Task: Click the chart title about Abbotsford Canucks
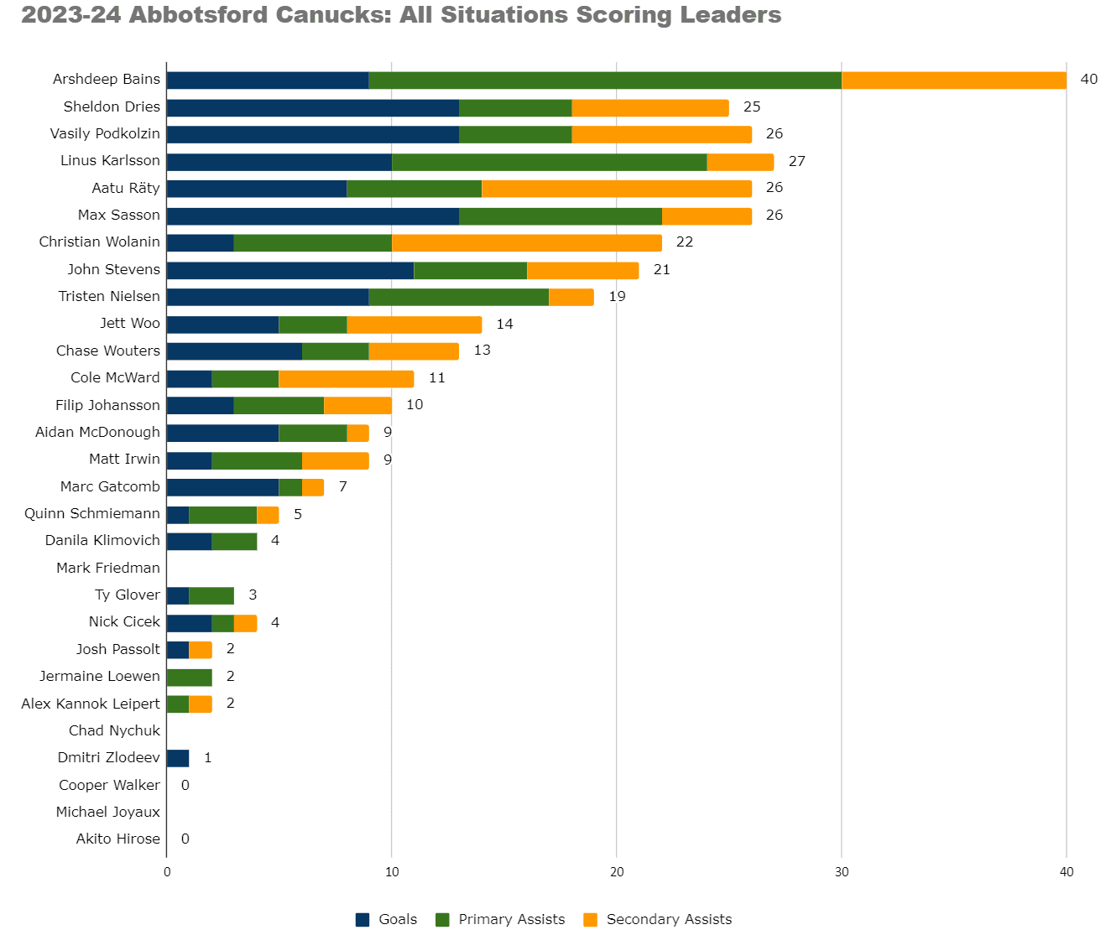(401, 15)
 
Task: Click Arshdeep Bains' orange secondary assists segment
(953, 80)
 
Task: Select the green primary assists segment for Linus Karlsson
(549, 162)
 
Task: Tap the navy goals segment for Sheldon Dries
(312, 107)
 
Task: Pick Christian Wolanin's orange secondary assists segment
(526, 243)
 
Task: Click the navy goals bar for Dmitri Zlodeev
(178, 758)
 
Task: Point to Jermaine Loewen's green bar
(189, 677)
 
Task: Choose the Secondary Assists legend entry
(658, 919)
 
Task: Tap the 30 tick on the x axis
(842, 872)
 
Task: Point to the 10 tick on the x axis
(392, 872)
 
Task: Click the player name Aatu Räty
(126, 188)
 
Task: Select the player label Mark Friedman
(108, 568)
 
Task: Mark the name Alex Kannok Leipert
(91, 704)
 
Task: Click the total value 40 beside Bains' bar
(1088, 80)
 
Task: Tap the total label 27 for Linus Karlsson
(796, 161)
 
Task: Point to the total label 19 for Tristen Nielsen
(617, 297)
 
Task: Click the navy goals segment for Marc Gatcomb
(222, 487)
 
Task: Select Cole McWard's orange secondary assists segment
(346, 379)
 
